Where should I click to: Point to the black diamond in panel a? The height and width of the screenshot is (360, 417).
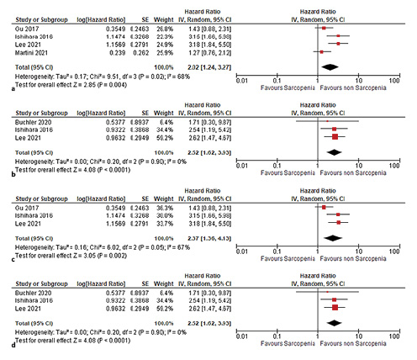330,66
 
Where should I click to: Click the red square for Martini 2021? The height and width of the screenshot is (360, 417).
321,51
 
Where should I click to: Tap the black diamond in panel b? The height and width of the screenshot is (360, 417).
335,151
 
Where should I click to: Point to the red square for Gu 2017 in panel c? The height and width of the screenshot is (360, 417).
324,206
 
